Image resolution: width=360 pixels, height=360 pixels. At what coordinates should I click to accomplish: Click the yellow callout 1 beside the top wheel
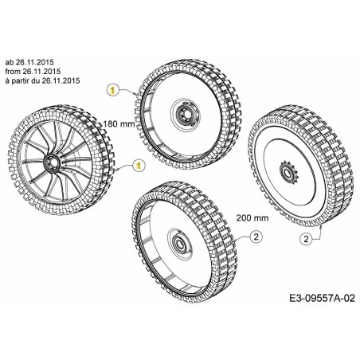pos(113,92)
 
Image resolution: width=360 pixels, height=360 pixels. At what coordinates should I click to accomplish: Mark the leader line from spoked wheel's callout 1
pos(124,168)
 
